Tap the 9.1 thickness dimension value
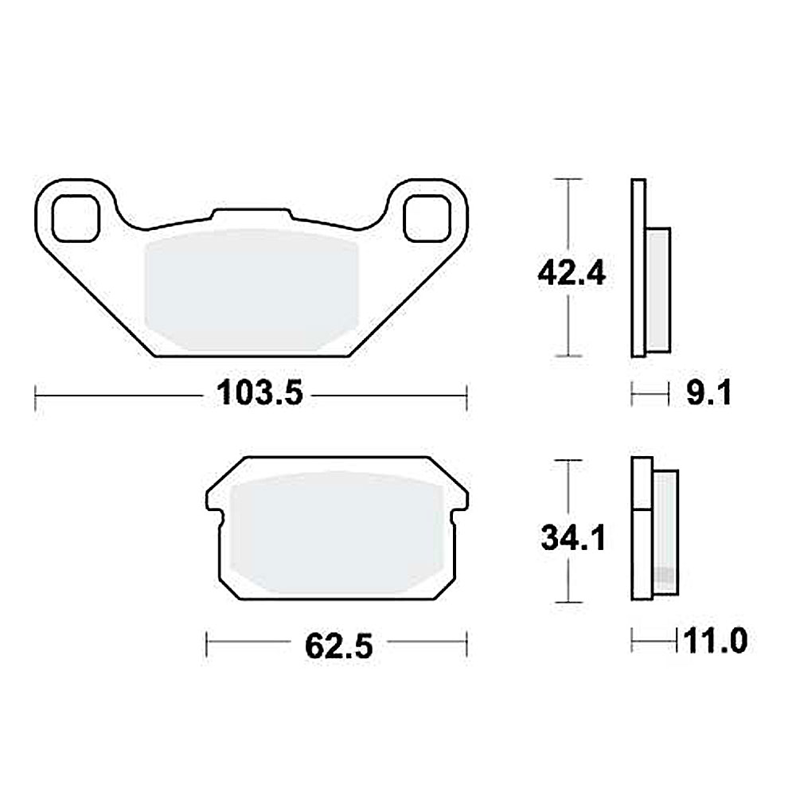coord(708,393)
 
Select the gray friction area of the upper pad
coord(251,291)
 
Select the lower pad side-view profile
coord(653,529)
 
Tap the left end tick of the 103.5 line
coord(36,395)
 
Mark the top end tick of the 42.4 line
coord(566,180)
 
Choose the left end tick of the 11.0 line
coord(633,638)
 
